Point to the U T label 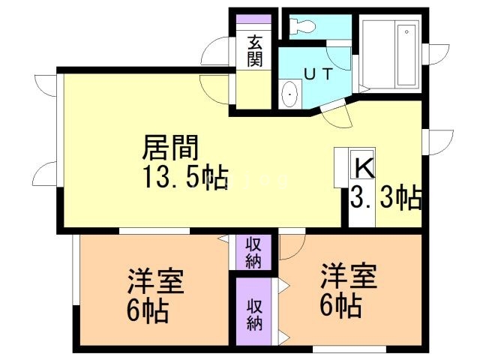click(317, 74)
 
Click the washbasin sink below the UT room click(289, 94)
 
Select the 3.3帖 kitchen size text click(385, 199)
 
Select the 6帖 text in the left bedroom click(146, 309)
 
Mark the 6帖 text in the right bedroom click(340, 304)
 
